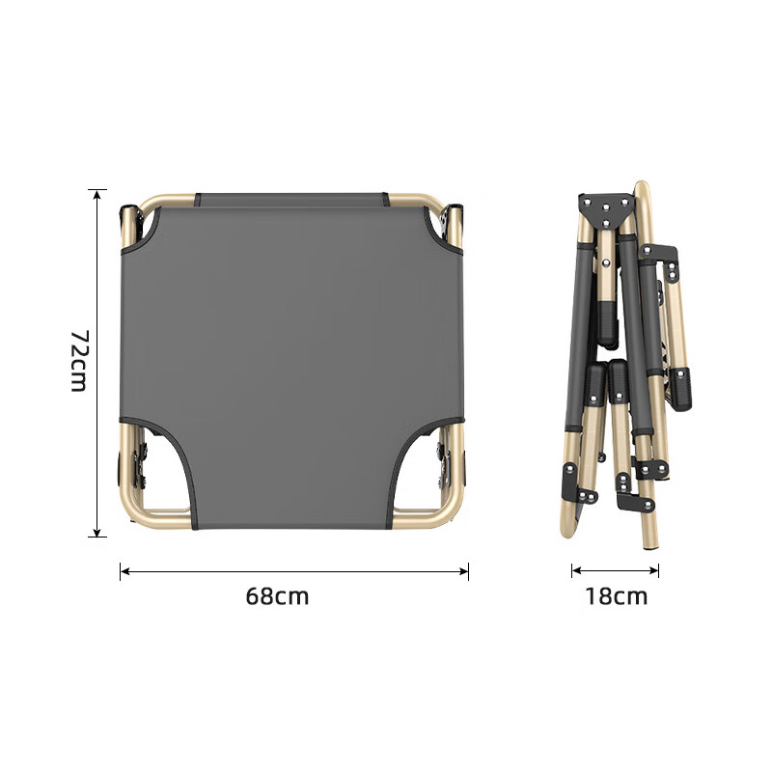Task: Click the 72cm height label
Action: [79, 360]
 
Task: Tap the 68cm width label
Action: [277, 596]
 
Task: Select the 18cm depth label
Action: [616, 596]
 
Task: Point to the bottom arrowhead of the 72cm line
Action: [97, 532]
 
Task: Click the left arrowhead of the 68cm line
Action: [125, 571]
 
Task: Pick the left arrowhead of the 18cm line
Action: [576, 570]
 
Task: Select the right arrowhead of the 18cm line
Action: [654, 570]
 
